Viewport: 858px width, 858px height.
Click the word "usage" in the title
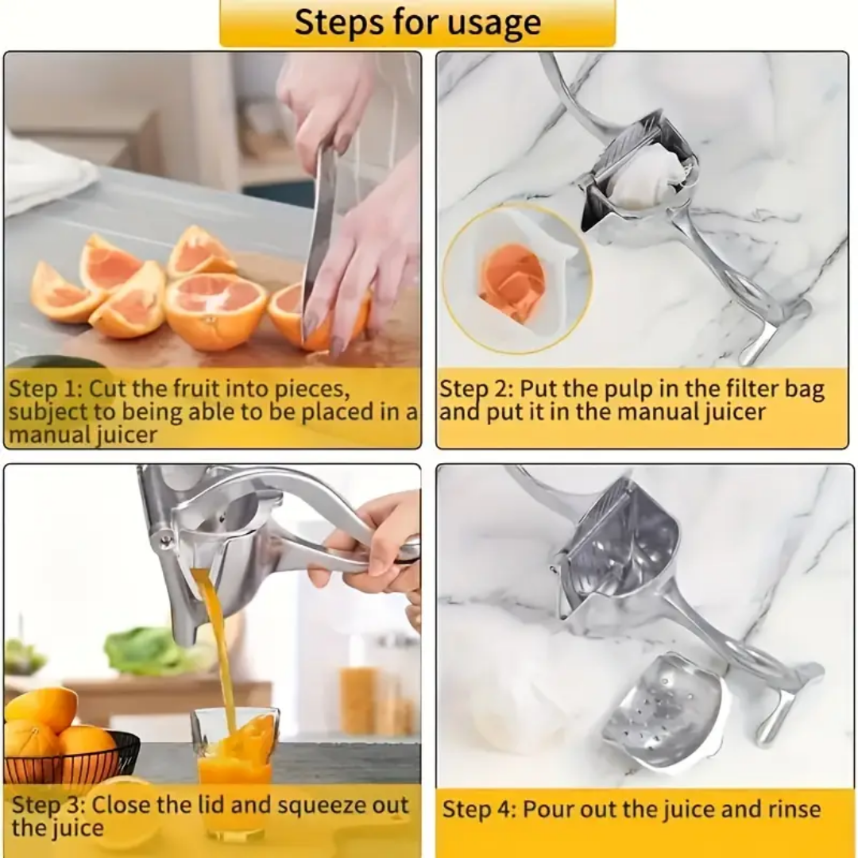click(x=491, y=23)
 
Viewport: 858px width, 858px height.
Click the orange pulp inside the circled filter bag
click(x=512, y=282)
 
